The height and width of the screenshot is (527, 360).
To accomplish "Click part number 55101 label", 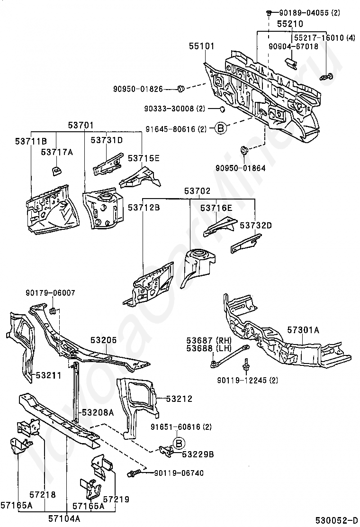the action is click(x=201, y=45).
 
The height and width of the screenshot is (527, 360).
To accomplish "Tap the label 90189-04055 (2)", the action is click(x=310, y=13).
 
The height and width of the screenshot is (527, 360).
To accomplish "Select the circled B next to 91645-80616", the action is click(x=220, y=128).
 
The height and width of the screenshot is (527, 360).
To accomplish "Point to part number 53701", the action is click(x=81, y=126).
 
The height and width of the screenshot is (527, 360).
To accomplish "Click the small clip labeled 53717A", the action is click(x=55, y=170).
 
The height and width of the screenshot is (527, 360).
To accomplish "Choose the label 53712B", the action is click(x=144, y=208).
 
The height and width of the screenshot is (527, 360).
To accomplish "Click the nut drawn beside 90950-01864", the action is click(x=244, y=151).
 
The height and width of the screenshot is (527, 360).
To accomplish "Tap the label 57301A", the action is click(x=303, y=330).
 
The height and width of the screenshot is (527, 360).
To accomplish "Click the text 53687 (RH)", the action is click(x=209, y=340).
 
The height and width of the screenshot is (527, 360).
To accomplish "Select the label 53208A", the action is click(x=98, y=412).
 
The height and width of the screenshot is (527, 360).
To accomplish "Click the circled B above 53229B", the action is click(x=179, y=443).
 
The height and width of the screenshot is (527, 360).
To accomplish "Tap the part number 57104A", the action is click(x=64, y=518).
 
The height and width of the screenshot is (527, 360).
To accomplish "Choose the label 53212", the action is click(x=180, y=399).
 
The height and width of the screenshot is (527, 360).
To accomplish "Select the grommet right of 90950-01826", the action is click(x=181, y=89).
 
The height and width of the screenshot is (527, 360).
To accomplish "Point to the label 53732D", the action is click(x=256, y=225).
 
